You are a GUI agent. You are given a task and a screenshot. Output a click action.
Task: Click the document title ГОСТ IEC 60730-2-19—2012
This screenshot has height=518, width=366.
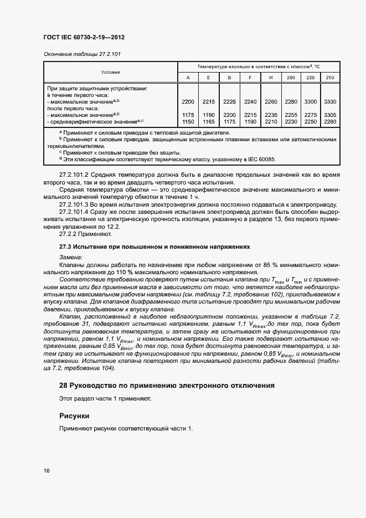coord(83,37)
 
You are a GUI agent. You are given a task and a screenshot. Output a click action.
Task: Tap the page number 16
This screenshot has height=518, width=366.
coord(47,471)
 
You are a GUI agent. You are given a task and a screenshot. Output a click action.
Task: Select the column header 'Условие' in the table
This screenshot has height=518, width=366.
coord(110,72)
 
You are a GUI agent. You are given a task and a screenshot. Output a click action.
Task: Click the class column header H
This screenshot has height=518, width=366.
coord(270,78)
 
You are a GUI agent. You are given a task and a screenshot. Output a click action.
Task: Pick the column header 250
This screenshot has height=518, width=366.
coord(329,78)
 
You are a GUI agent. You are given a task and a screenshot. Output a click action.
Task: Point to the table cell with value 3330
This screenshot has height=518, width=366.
coord(329,102)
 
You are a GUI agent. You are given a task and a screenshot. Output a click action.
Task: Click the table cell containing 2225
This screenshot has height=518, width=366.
coord(229,102)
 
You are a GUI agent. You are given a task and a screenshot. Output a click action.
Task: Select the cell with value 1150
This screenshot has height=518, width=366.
coord(188,121)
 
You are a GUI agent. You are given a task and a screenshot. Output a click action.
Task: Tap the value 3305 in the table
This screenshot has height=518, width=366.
coord(329,115)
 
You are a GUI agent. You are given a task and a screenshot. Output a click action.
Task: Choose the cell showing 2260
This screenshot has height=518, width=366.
coord(270,102)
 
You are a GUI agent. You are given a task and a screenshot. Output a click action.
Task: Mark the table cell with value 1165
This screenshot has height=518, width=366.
coord(208,121)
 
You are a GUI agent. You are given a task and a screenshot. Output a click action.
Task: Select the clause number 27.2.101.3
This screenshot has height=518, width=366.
coord(77,204)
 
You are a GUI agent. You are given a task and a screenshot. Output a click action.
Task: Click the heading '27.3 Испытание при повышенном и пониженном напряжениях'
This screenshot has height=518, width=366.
coord(154,247)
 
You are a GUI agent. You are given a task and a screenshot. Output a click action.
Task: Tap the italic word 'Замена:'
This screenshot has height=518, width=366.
coord(70,258)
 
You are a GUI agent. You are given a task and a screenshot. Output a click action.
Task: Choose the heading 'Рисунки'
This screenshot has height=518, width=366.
coord(74,416)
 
